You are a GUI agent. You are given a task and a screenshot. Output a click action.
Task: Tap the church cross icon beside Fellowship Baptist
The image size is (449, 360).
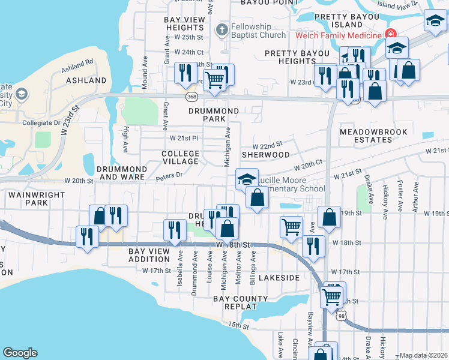tap(222, 29)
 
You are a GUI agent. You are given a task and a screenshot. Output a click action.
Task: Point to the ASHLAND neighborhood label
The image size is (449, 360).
tap(86, 80)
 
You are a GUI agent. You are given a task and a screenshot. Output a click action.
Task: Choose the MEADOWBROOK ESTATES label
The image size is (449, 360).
tap(373, 136)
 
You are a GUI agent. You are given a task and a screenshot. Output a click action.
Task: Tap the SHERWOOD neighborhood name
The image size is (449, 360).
tap(265, 155)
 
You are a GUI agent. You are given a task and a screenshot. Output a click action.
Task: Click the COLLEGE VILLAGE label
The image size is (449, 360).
tap(180, 158)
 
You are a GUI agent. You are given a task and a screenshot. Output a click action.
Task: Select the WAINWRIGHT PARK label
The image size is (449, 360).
tap(28, 199)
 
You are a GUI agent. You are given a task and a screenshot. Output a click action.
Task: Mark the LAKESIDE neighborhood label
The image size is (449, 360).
tap(279, 278)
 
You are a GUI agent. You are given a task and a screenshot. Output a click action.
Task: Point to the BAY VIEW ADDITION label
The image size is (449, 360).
tap(149, 256)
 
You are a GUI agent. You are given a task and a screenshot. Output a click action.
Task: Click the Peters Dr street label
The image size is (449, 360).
tap(169, 175)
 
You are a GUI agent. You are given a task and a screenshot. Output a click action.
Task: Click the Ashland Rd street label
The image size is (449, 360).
tap(81, 62)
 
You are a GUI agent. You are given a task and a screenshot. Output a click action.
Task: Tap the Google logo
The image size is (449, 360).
tap(20, 353)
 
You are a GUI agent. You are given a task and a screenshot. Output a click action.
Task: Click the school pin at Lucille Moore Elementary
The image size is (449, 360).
tap(246, 179)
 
